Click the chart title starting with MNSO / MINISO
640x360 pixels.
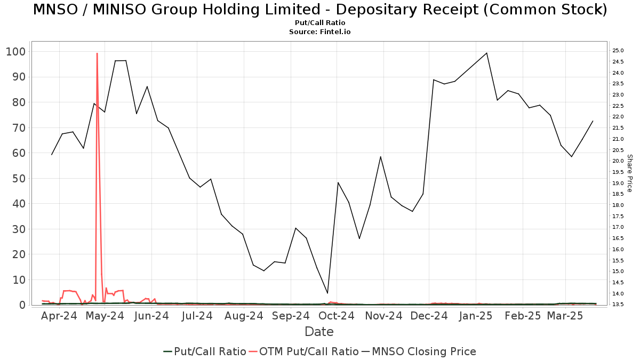[319, 10]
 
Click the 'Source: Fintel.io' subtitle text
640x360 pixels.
[319, 32]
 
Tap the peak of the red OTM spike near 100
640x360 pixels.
[97, 53]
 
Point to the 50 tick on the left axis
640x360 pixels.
[19, 178]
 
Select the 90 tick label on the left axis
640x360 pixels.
[19, 77]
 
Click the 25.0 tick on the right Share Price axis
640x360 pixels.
[618, 51]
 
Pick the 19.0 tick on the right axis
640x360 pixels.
[618, 183]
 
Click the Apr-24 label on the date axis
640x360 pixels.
[59, 316]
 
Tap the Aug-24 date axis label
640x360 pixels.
[244, 316]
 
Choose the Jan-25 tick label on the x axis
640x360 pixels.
[476, 316]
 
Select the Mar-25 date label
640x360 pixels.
[565, 316]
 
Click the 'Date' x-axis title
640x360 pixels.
[319, 332]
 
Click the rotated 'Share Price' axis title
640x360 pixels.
[629, 173]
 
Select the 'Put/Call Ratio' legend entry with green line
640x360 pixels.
[204, 351]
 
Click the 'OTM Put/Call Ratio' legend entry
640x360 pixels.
[303, 351]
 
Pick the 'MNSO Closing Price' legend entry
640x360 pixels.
[419, 351]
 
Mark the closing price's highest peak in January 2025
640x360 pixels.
[486, 53]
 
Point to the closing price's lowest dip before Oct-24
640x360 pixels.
[327, 293]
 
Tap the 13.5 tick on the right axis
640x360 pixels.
[618, 305]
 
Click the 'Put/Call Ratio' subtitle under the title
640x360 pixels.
[319, 23]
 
